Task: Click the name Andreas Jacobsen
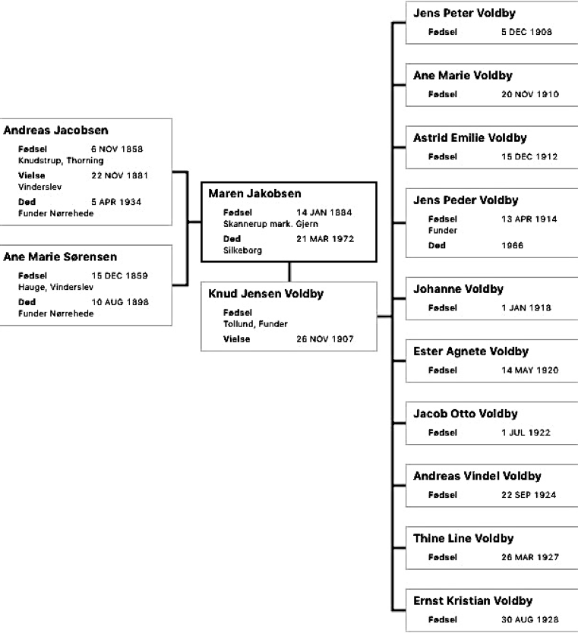pyautogui.click(x=55, y=131)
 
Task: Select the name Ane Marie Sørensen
pyautogui.click(x=60, y=257)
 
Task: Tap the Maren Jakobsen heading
pyautogui.click(x=255, y=194)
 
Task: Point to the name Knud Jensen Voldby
pyautogui.click(x=266, y=294)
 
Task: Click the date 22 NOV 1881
pyautogui.click(x=119, y=175)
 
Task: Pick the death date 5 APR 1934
pyautogui.click(x=116, y=202)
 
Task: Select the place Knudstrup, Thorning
pyautogui.click(x=61, y=161)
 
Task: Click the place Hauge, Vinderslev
pyautogui.click(x=55, y=287)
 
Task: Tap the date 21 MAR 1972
pyautogui.click(x=325, y=238)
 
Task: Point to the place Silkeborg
pyautogui.click(x=243, y=250)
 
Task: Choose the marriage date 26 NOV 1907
pyautogui.click(x=325, y=339)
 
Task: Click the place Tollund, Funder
pyautogui.click(x=256, y=324)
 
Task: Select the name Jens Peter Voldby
pyautogui.click(x=465, y=13)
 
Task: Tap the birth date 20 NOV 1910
pyautogui.click(x=530, y=94)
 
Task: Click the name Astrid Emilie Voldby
pyautogui.click(x=470, y=137)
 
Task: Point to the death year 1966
pyautogui.click(x=512, y=245)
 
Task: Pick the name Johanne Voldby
pyautogui.click(x=459, y=288)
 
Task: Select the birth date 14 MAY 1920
pyautogui.click(x=530, y=370)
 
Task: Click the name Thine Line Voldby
pyautogui.click(x=463, y=538)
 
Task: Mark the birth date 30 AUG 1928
pyautogui.click(x=530, y=619)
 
